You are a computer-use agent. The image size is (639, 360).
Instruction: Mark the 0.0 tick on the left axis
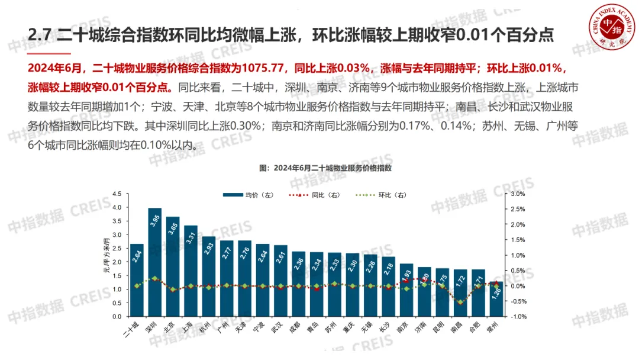tap(117, 316)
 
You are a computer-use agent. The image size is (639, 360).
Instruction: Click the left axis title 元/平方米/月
tap(107, 255)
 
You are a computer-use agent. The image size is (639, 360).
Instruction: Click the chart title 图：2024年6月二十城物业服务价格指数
tap(326, 168)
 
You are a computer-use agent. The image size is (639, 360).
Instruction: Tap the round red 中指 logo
tap(609, 27)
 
